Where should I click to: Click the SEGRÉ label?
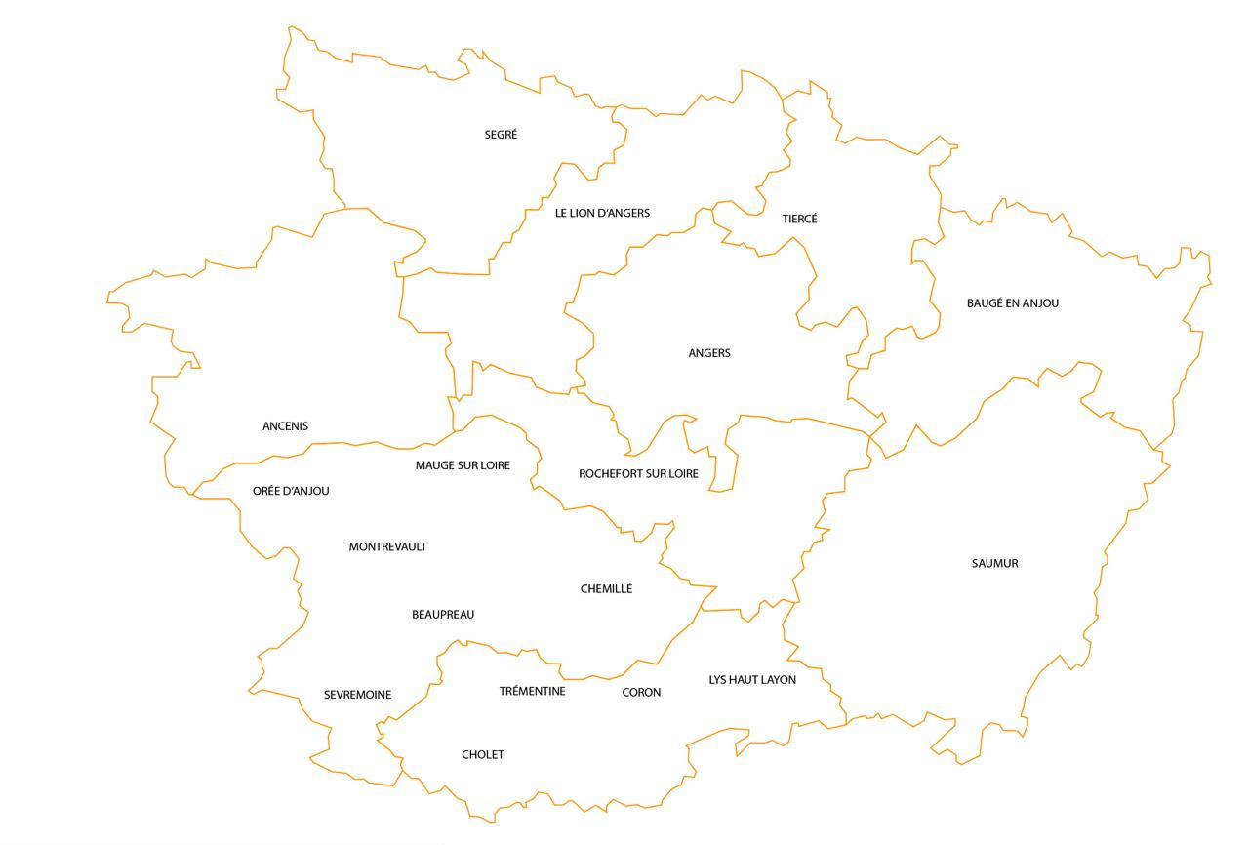501,135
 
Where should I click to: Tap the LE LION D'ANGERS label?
602,213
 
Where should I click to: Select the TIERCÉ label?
799,219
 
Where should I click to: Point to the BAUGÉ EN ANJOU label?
1012,303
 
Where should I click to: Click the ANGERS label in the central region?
709,353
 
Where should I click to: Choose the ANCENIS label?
285,426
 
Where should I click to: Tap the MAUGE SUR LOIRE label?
463,465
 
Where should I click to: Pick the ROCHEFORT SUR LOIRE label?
638,474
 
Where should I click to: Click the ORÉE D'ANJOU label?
291,491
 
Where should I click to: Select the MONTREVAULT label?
387,547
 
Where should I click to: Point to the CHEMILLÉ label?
606,589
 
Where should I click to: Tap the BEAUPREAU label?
443,615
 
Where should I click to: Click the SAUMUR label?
994,564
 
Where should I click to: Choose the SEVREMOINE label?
357,695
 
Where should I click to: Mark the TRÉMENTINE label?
532,692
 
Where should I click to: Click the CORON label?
641,693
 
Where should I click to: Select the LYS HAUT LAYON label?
752,680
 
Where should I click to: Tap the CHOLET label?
483,755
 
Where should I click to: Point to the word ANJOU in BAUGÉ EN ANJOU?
1040,303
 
